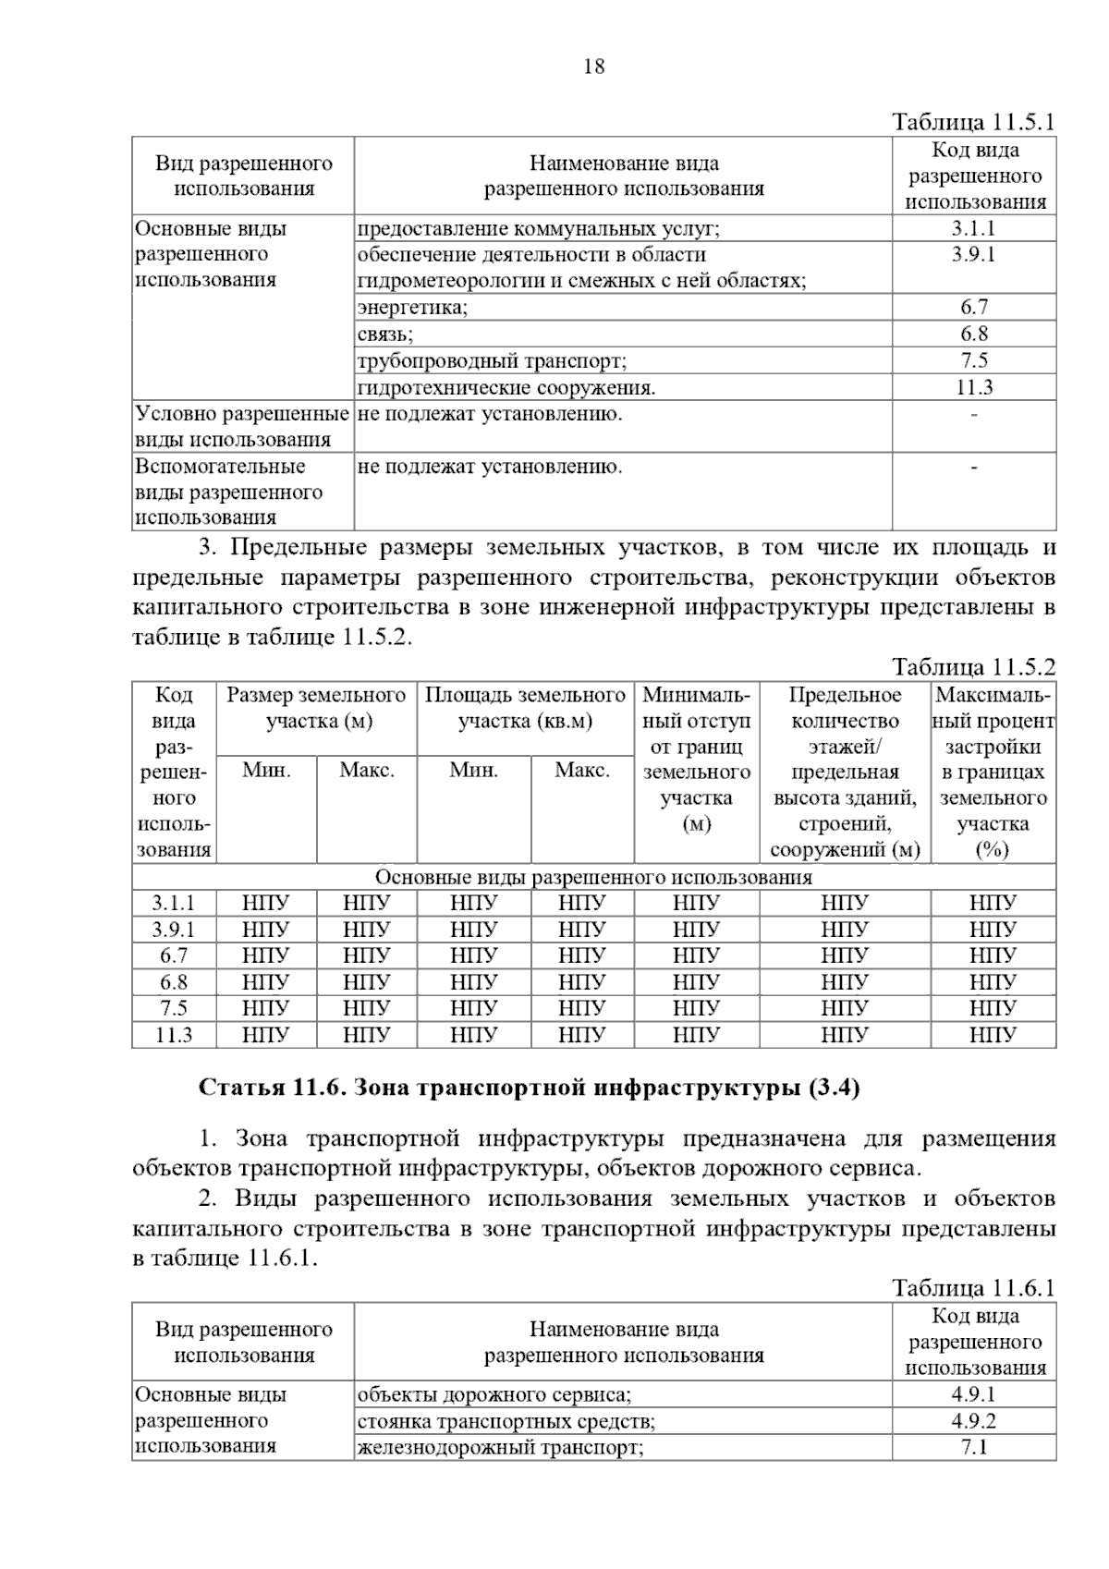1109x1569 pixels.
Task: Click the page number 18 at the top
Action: coord(594,67)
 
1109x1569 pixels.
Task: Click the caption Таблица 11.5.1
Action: coord(973,123)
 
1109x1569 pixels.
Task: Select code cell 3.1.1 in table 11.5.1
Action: coord(974,229)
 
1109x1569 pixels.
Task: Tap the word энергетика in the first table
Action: coord(412,308)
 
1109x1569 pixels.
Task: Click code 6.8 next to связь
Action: coord(974,334)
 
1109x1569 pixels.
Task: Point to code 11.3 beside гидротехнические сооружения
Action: coord(974,388)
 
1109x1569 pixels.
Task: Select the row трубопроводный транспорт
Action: coord(492,361)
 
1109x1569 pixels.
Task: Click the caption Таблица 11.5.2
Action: coord(973,667)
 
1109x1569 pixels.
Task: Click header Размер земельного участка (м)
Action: coord(317,708)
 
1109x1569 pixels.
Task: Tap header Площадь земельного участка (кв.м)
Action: coord(525,708)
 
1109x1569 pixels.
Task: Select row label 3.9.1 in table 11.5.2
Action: coord(174,930)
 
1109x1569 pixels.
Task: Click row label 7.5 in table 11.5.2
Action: coord(174,1009)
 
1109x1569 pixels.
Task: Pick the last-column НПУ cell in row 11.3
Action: coord(993,1036)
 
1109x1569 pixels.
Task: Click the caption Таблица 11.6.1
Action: coord(973,1289)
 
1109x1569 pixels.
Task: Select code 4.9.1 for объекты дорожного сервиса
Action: coord(974,1395)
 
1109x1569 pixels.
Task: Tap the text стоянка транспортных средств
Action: coord(506,1422)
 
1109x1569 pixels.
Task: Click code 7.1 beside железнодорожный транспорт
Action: coord(974,1448)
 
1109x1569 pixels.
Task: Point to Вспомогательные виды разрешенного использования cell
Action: coord(228,493)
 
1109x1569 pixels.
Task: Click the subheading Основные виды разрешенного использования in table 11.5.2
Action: coord(593,877)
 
